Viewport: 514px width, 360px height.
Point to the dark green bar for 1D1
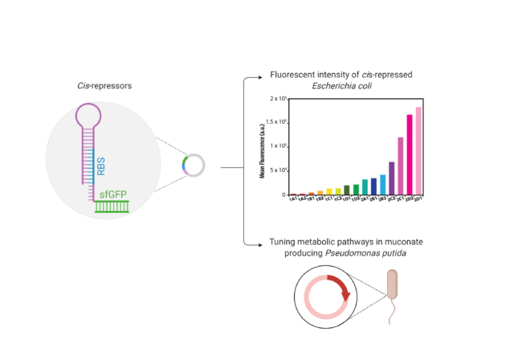tap(347, 190)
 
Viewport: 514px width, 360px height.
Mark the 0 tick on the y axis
tap(282, 194)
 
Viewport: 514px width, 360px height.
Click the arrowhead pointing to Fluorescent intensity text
tap(259, 77)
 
